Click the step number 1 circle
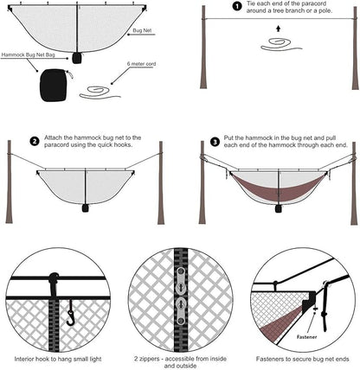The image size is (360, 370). click(237, 7)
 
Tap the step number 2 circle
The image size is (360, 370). click(35, 142)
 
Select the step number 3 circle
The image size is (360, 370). click(215, 142)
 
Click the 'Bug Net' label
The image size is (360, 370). click(142, 30)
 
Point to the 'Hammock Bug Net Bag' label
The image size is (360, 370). click(28, 54)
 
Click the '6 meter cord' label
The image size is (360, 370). click(141, 64)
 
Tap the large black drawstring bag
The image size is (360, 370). click(54, 85)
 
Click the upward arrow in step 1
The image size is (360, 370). click(278, 29)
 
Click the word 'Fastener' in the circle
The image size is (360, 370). click(306, 337)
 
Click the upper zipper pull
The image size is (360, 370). click(181, 280)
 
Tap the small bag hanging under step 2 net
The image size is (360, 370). click(85, 208)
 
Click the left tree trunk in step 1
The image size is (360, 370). click(203, 47)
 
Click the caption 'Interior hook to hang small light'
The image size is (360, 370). click(58, 359)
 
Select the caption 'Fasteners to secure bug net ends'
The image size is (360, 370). click(303, 359)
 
